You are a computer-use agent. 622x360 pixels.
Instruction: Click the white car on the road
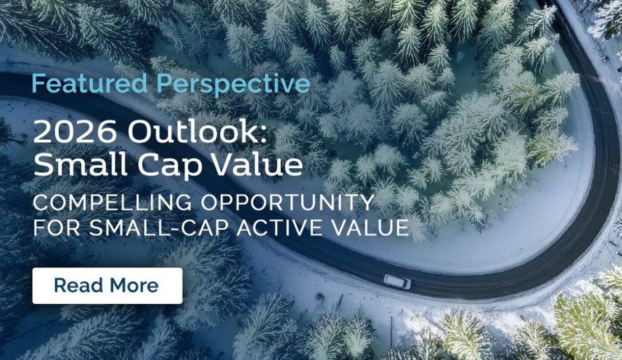pos(397,281)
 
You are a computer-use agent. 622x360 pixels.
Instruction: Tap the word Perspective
pos(233,85)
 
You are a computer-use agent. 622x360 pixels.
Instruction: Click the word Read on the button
pos(77,285)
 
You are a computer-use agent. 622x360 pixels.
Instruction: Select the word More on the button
pos(133,285)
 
